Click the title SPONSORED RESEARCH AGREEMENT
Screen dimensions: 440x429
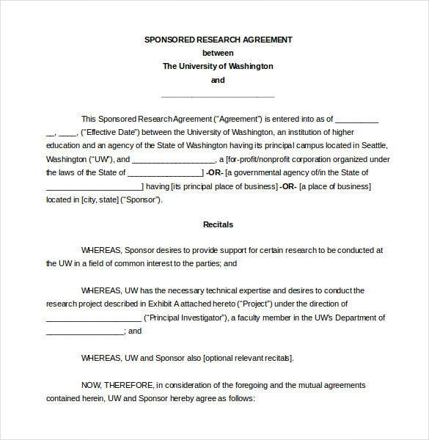pyautogui.click(x=218, y=40)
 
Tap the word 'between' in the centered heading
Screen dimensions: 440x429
pyautogui.click(x=218, y=53)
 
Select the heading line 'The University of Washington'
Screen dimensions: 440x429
pyautogui.click(x=218, y=66)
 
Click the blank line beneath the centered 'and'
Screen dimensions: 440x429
pyautogui.click(x=218, y=95)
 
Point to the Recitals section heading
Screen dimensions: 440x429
pyautogui.click(x=218, y=224)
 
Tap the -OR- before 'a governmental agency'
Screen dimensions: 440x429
pyautogui.click(x=214, y=172)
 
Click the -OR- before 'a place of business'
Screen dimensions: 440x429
pyautogui.click(x=288, y=186)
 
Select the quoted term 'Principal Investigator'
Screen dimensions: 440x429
pyautogui.click(x=186, y=318)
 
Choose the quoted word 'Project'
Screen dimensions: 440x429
pyautogui.click(x=254, y=304)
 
